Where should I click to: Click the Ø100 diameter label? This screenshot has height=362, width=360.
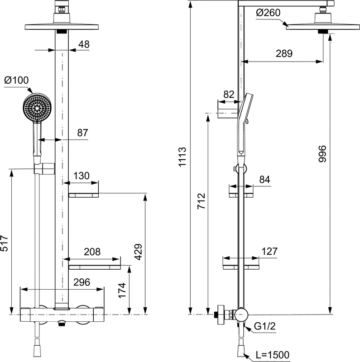[x=16, y=81]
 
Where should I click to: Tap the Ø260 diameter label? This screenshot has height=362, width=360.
[x=268, y=13]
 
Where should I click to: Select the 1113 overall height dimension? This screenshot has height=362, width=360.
[x=182, y=157]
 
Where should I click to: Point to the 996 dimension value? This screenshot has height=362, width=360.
[x=322, y=154]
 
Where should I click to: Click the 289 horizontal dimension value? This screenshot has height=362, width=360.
[x=284, y=53]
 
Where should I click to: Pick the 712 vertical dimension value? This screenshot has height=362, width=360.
[x=201, y=201]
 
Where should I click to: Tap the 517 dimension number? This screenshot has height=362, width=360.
[x=5, y=243]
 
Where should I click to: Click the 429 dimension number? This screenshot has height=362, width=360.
[x=138, y=252]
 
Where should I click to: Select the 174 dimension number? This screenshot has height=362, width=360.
[x=122, y=290]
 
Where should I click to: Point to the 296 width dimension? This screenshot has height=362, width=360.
[x=82, y=282]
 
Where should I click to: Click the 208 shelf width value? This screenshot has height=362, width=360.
[x=92, y=252]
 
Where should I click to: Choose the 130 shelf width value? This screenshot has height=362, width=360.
[x=82, y=176]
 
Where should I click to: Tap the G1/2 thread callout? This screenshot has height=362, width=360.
[x=265, y=326]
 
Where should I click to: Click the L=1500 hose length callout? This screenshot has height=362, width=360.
[x=273, y=355]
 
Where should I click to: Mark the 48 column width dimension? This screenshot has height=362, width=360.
[x=84, y=44]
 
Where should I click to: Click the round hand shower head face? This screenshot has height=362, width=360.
[x=37, y=107]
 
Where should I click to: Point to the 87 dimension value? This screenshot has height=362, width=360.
[x=83, y=133]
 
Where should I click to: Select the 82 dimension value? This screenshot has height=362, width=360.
[x=229, y=95]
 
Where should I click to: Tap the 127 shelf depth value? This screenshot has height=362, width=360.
[x=269, y=252]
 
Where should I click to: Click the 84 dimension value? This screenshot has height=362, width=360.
[x=265, y=180]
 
